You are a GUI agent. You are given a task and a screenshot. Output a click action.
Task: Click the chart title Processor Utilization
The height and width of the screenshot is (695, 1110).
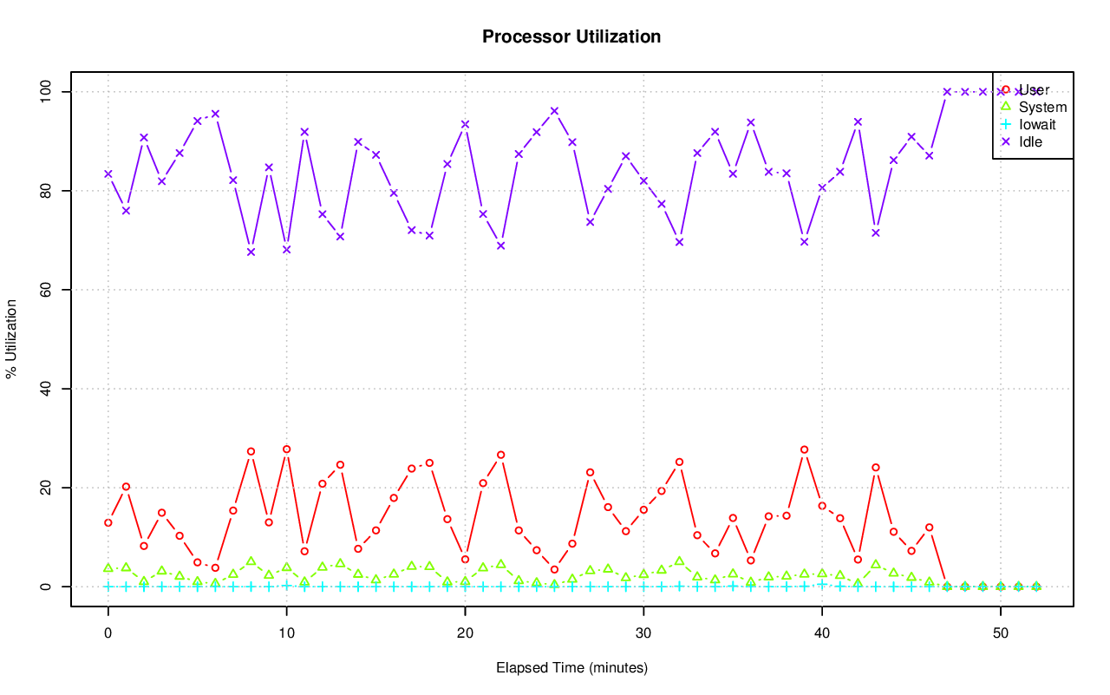point(571,37)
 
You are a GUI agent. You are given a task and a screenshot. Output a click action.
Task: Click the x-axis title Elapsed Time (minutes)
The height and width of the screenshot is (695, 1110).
point(571,668)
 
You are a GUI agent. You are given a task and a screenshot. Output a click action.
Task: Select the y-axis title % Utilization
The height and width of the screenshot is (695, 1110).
point(12,338)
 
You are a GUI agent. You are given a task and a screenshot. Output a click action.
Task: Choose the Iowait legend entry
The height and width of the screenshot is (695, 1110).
point(1036,124)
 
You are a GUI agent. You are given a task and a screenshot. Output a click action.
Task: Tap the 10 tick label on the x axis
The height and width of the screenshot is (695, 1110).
point(286,633)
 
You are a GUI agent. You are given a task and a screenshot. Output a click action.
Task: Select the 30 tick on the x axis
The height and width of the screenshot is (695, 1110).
point(643,633)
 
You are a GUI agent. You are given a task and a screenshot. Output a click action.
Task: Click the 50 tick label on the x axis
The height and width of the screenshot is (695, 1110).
point(1001,633)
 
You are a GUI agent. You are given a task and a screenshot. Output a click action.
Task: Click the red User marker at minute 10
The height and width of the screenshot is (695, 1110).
point(286,449)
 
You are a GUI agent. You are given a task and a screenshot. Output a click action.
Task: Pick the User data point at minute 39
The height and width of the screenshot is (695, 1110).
point(804,449)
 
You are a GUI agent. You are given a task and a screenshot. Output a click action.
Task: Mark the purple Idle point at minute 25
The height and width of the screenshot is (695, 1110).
point(554,111)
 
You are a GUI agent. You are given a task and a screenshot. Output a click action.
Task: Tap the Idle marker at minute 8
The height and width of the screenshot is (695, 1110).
point(251,252)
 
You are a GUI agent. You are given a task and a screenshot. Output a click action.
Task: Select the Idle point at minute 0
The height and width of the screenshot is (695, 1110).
point(108,174)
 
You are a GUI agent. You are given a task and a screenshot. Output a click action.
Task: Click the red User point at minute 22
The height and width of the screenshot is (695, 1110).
point(500,455)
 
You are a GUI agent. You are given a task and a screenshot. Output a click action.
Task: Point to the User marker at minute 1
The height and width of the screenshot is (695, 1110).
point(126,487)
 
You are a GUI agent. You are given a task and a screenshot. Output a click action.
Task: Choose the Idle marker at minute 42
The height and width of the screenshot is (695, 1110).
point(858,121)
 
